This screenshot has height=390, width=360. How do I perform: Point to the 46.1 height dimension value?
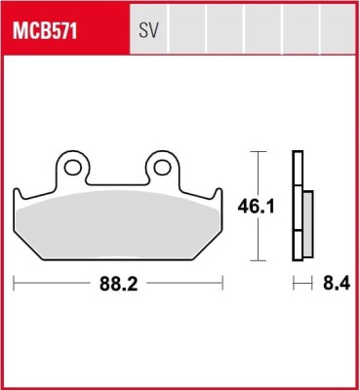(x=255, y=206)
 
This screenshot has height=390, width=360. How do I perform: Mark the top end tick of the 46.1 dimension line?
(x=256, y=152)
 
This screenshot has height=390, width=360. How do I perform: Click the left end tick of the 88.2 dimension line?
(x=15, y=285)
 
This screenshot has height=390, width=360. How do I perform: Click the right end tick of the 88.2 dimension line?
(x=223, y=285)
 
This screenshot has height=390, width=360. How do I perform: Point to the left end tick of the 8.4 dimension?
(x=295, y=285)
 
